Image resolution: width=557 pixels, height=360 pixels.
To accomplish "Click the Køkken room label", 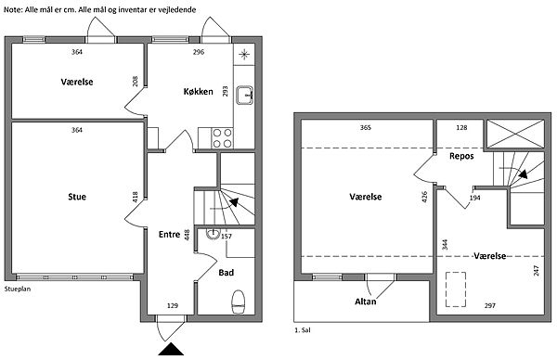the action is tap(199, 92).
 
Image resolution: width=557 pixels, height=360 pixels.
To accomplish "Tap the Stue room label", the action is tap(77, 197).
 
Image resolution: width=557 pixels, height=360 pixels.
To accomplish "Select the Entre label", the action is tap(169, 235).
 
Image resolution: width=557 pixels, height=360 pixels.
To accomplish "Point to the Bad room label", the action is tap(226, 273).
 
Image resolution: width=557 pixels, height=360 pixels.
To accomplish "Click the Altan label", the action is tap(366, 302).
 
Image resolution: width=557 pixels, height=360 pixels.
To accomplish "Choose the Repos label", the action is tap(461, 156).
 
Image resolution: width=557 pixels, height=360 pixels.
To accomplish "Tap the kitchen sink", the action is tap(245, 96).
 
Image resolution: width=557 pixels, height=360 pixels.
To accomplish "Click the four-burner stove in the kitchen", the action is tap(222, 138).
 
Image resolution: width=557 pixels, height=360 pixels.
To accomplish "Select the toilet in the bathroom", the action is tap(238, 302).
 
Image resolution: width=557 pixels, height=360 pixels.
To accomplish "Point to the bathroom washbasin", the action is tap(213, 234).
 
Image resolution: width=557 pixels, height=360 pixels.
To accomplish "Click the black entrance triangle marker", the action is tap(171, 349).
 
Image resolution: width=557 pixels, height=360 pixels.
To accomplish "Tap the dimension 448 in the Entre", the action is tap(188, 235).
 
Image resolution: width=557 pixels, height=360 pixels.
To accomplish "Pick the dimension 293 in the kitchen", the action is tap(225, 91).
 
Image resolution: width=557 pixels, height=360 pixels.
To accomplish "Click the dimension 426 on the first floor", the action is tap(424, 197).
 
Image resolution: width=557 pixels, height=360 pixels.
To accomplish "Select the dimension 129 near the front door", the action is tap(173, 305).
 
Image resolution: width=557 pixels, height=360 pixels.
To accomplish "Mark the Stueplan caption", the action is tap(18, 289).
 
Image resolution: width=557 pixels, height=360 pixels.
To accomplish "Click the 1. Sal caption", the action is tap(303, 330).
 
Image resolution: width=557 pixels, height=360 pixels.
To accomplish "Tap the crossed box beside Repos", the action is tap(515, 134).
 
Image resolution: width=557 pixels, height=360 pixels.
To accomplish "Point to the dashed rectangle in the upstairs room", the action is tap(456, 289).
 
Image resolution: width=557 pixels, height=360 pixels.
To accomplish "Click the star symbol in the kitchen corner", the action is tap(244, 55).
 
